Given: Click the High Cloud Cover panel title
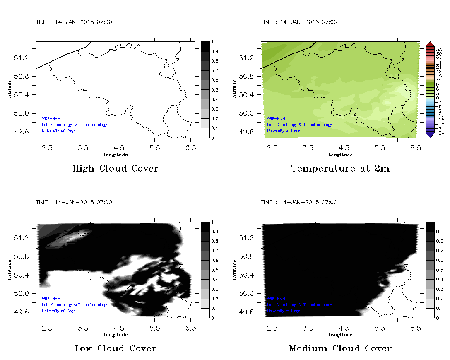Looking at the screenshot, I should coord(115,169).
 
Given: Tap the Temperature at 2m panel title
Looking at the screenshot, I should coord(340,169).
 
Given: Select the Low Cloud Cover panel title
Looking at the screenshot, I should coord(115,348).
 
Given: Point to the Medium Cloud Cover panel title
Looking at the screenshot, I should coord(340,348).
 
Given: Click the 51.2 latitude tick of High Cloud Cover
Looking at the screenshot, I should coord(22,58).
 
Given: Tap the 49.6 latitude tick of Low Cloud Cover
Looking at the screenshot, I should coord(22,312).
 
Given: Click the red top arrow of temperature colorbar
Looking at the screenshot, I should coord(429,44).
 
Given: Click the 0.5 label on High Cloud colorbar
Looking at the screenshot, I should coord(214,90).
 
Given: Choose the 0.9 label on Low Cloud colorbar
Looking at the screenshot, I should coord(214,232).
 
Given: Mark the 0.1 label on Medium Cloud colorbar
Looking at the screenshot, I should coord(440,308).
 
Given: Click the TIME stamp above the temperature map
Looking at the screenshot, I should coord(299,22).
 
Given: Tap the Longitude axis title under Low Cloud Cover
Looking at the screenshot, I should coord(115,335).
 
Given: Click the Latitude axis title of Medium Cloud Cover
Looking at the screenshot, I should coord(234,270).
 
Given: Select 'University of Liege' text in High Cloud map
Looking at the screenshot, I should coord(59,131).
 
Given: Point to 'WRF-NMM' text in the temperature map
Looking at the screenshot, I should coord(276,118).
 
